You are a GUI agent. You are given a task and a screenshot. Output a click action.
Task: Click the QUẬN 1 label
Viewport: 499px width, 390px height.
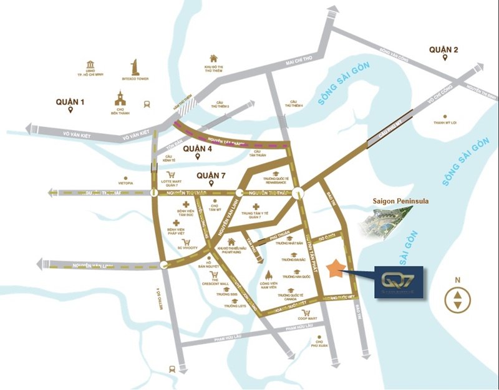(69, 102)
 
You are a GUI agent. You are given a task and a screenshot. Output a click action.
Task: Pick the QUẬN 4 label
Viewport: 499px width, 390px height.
(199, 149)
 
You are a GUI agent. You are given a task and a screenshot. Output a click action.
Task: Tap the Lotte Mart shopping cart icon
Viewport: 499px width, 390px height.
(170, 176)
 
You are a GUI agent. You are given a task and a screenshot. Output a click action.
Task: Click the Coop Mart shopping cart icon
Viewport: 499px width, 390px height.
(306, 312)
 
